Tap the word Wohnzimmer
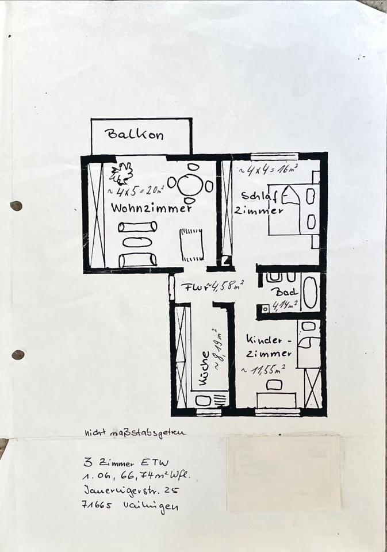tap(152, 208)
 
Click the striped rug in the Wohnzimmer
tap(191, 244)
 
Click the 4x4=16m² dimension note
tap(272, 170)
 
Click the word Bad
tap(287, 293)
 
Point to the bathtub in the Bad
tap(310, 292)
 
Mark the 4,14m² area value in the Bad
tap(285, 305)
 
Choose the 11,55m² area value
tap(264, 370)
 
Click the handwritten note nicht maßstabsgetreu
tap(135, 433)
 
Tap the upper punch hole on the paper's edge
tap(16, 206)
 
